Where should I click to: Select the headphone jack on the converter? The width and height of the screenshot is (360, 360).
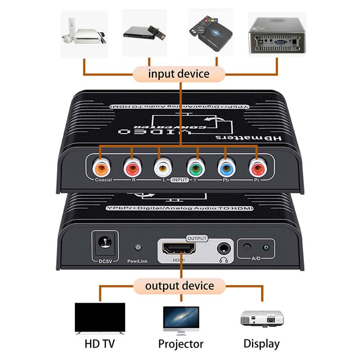tap(224, 248)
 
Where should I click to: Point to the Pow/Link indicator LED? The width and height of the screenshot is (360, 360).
tap(138, 248)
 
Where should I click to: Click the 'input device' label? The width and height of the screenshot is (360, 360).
tap(179, 74)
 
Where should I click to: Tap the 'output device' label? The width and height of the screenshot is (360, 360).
tap(180, 286)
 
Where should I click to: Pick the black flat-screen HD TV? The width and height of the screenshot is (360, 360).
tap(100, 318)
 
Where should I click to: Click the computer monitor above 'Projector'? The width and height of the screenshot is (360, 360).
tap(181, 319)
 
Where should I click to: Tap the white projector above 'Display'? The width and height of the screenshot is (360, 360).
tap(262, 318)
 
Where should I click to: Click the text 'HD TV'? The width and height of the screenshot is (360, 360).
tap(100, 344)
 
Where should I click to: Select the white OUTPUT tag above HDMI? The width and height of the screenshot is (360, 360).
tap(197, 238)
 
